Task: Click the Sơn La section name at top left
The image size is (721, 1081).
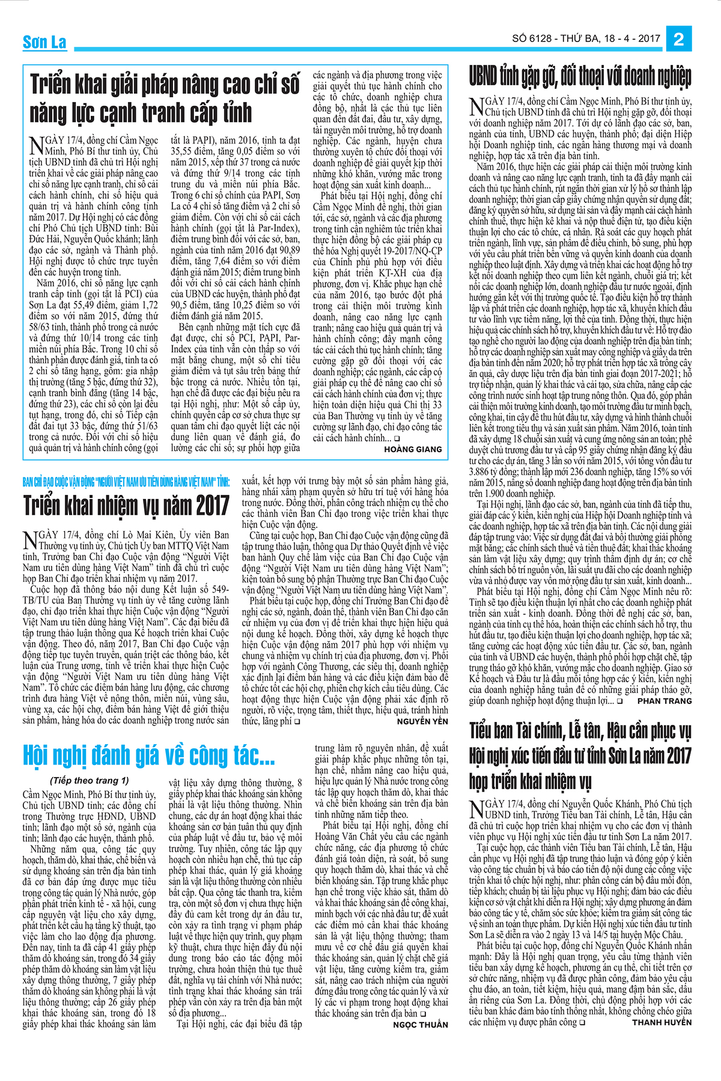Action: tap(44, 42)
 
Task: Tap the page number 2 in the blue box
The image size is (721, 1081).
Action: tap(679, 39)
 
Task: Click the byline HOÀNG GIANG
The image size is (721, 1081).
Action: tap(413, 449)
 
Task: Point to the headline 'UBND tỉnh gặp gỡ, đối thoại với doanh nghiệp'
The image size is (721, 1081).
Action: tap(580, 77)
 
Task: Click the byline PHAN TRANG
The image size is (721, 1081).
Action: tap(665, 701)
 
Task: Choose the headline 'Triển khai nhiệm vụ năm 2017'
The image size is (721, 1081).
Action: tap(126, 506)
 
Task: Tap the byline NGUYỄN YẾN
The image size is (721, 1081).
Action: tap(422, 721)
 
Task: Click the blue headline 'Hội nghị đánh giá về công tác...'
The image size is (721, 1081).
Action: tap(149, 755)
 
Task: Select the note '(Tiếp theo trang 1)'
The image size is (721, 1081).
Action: tap(90, 780)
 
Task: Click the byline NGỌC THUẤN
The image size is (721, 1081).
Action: tap(421, 1025)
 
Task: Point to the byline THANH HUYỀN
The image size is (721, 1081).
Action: tap(662, 1022)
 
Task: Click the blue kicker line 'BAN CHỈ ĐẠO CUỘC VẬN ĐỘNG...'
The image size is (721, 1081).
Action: tap(126, 482)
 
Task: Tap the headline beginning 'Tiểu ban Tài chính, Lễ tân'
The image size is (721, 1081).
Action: tap(580, 755)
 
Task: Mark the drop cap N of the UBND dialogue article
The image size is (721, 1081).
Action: tap(476, 106)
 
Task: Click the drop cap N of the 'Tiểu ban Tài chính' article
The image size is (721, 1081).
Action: tap(476, 808)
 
